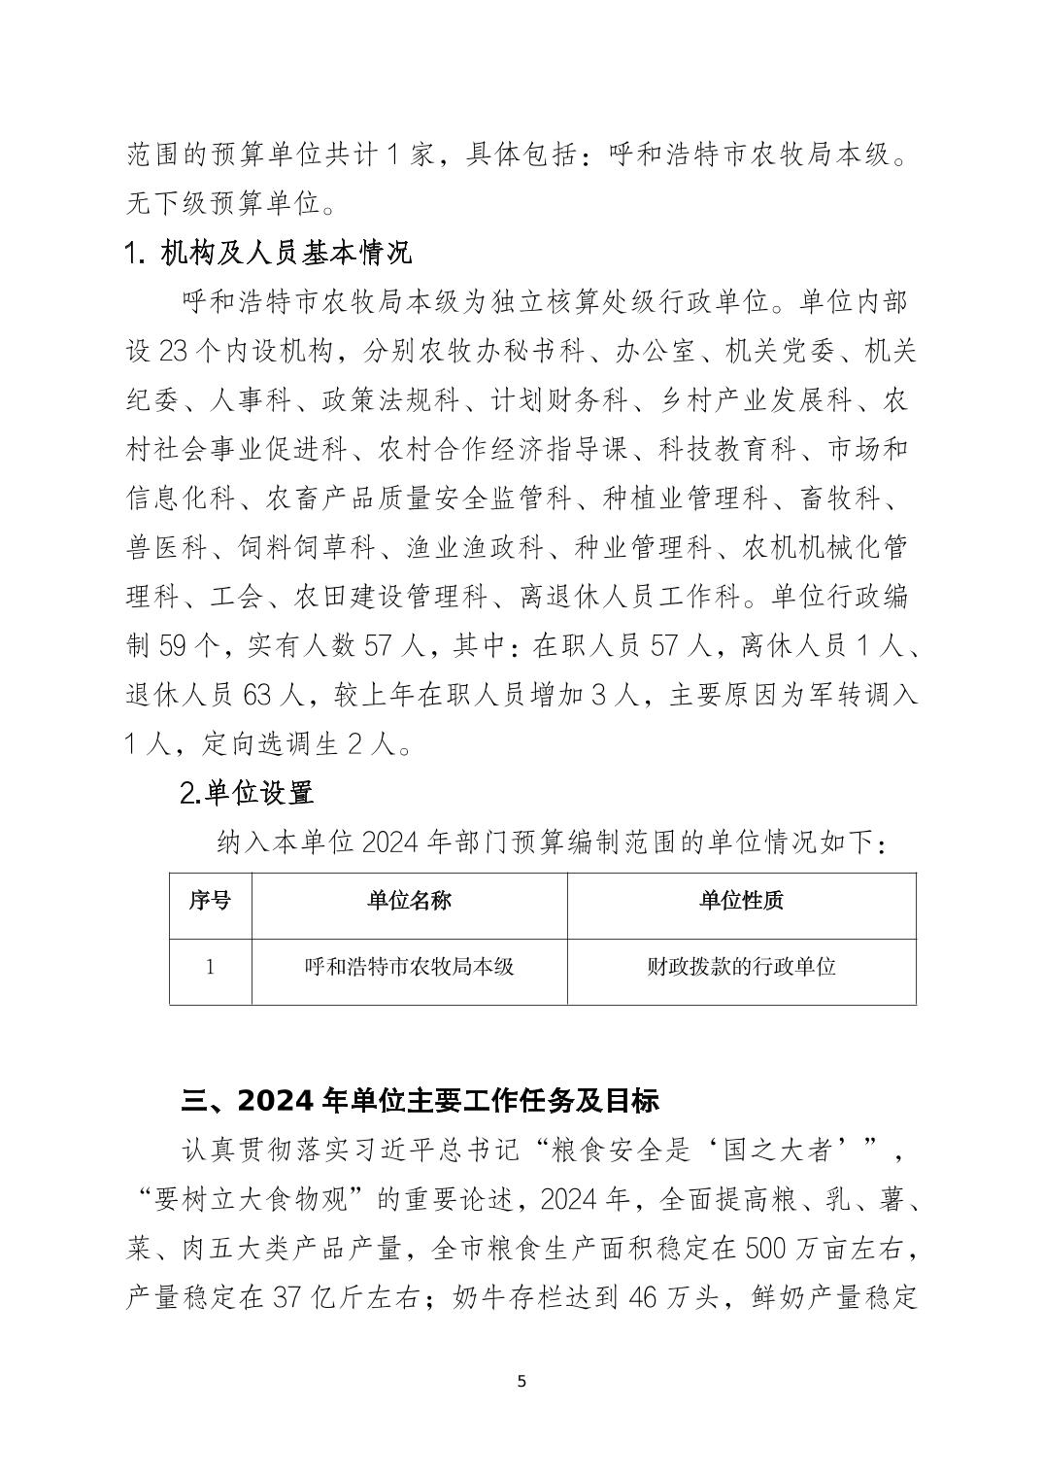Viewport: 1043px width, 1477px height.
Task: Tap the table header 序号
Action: [210, 901]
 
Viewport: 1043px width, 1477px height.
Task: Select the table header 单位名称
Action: [409, 901]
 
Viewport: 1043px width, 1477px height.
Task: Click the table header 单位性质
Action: [741, 901]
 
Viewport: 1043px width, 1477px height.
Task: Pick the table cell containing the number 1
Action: [210, 967]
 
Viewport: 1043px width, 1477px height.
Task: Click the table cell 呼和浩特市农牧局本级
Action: [409, 967]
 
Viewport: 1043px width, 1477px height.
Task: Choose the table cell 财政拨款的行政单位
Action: [741, 967]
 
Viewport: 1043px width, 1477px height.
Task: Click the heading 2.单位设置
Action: [248, 793]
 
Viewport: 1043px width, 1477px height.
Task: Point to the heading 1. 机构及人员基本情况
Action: [269, 253]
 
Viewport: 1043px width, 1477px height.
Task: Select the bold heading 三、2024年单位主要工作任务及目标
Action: [421, 1100]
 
